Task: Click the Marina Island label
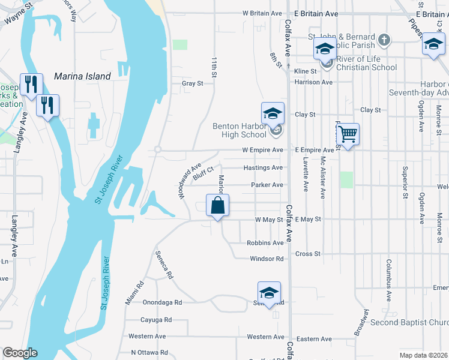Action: click(82, 76)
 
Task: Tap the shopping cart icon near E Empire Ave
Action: click(348, 134)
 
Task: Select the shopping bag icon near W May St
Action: click(217, 205)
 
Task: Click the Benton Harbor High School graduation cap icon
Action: click(272, 113)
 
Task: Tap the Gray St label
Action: click(192, 83)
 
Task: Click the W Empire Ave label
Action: click(262, 150)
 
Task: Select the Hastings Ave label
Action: click(262, 168)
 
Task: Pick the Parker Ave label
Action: click(267, 185)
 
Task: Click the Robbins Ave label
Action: click(265, 243)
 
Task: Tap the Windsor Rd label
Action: click(267, 259)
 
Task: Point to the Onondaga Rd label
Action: click(161, 303)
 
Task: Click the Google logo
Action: click(20, 353)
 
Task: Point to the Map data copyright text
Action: click(423, 355)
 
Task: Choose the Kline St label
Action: click(305, 71)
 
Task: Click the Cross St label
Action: click(308, 254)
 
